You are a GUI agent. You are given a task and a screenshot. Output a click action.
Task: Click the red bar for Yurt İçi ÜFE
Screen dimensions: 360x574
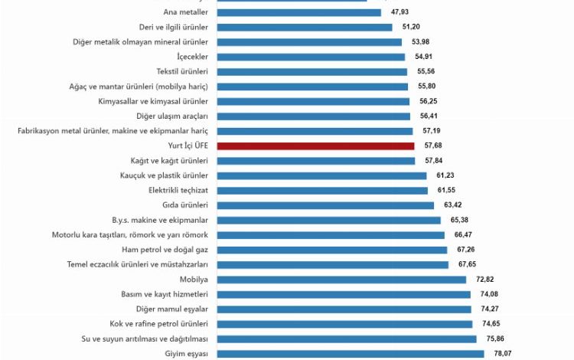(x=315, y=146)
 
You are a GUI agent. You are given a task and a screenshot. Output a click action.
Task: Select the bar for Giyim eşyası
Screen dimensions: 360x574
(x=351, y=353)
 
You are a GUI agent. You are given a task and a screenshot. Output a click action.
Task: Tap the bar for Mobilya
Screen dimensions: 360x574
(x=341, y=280)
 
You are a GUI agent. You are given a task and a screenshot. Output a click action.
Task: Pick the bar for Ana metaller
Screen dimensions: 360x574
(x=298, y=12)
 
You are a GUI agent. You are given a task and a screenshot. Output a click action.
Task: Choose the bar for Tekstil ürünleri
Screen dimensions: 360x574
(x=311, y=71)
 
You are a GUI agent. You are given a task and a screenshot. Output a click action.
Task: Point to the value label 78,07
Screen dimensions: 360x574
(x=501, y=353)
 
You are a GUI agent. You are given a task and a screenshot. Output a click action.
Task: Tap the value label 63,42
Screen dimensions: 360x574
(x=452, y=205)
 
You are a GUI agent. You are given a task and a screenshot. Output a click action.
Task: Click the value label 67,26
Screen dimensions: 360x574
(x=465, y=250)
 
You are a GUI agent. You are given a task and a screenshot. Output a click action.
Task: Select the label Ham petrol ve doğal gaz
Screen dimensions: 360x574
(x=165, y=250)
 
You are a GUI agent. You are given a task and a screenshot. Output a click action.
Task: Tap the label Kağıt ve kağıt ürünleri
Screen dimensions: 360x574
(x=169, y=161)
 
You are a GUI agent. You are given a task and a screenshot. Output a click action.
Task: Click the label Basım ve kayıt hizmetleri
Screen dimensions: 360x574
(x=165, y=294)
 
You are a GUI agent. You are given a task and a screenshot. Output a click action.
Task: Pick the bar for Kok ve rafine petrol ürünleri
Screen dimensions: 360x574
(x=344, y=324)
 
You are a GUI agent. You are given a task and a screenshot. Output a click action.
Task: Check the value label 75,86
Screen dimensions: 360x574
(x=494, y=339)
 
